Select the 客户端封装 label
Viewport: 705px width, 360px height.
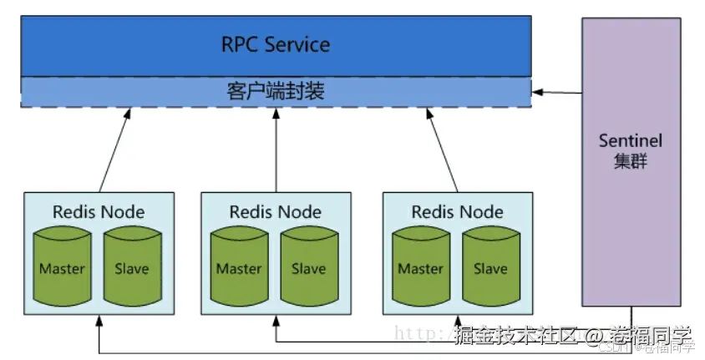(x=275, y=90)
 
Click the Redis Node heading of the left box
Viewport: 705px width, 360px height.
(x=99, y=212)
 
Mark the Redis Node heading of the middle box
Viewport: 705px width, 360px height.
(x=275, y=212)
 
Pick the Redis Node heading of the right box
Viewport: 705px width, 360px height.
(x=457, y=212)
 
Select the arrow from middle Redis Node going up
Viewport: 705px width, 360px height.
(x=275, y=150)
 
